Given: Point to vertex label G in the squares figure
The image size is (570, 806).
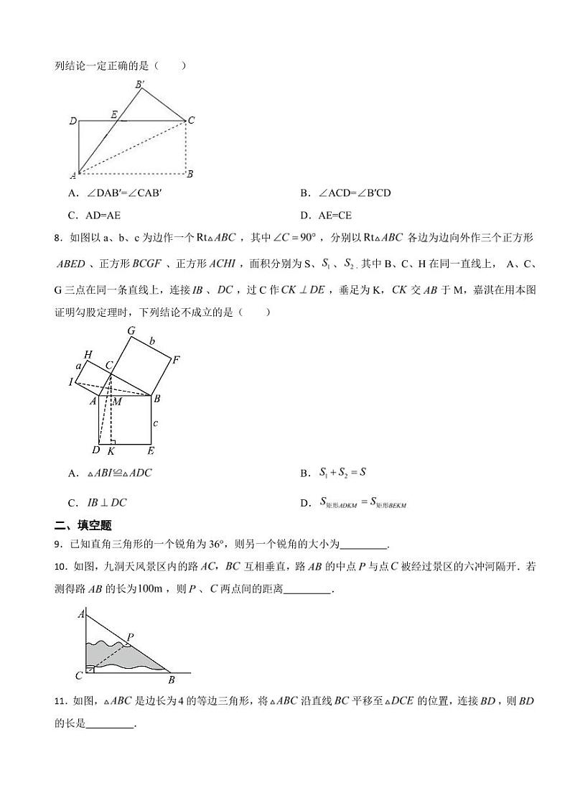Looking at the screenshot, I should point(131,330).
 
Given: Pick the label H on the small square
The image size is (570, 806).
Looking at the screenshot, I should point(88,354).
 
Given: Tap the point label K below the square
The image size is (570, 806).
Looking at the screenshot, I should point(111,451).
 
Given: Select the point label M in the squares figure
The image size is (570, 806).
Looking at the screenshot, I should point(116,401).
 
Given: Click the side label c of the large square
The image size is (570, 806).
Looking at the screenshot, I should point(154,423).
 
